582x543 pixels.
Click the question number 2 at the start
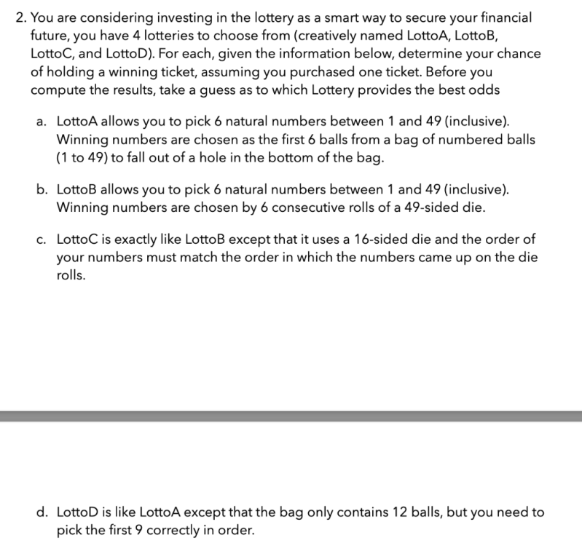pyautogui.click(x=20, y=17)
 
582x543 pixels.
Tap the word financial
pyautogui.click(x=503, y=17)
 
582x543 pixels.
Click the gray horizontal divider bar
pyautogui.click(x=291, y=416)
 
